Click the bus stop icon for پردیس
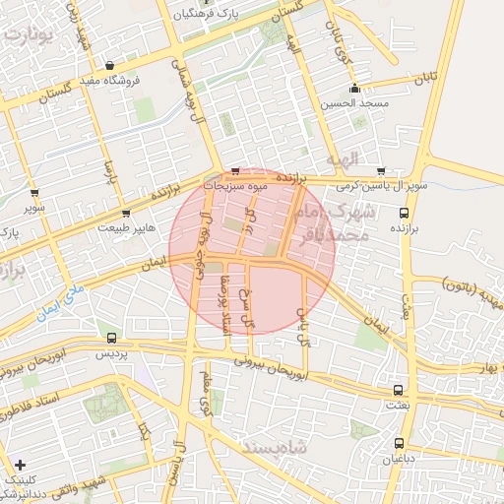coord(110,338)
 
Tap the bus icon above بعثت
coord(398,390)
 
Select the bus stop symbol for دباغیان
coord(399,443)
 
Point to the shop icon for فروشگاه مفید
coord(109,66)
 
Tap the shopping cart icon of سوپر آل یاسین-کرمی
coord(381,169)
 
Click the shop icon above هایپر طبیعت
coord(125,213)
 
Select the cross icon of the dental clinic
coord(20,464)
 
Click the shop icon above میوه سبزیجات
coord(234,169)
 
